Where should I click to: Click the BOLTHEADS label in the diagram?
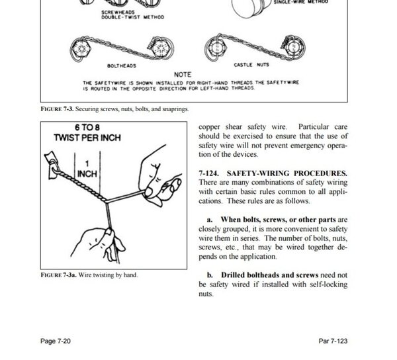coord(122,66)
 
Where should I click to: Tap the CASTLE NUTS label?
coord(251,65)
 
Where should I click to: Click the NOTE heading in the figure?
coord(183,75)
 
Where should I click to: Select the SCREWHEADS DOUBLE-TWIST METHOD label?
coord(133,15)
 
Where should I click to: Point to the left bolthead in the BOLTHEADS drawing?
coord(81,48)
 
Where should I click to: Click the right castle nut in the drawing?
coord(294,48)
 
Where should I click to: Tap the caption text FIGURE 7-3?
coord(57,109)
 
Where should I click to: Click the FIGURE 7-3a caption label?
coord(58,275)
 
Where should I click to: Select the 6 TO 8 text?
coord(87,127)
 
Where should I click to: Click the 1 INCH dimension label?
coord(87,169)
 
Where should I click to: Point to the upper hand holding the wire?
coord(160,175)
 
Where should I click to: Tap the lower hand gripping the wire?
coord(98,244)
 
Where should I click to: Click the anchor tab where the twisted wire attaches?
coord(52,165)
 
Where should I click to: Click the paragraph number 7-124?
coord(208,173)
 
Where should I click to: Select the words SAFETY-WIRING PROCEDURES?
coord(287,173)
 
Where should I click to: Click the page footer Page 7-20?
coord(56,341)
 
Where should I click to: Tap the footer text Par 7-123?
coord(333,341)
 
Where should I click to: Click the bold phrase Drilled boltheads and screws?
coord(269,275)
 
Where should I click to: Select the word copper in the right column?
coord(209,127)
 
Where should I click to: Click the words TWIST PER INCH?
coord(87,138)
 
